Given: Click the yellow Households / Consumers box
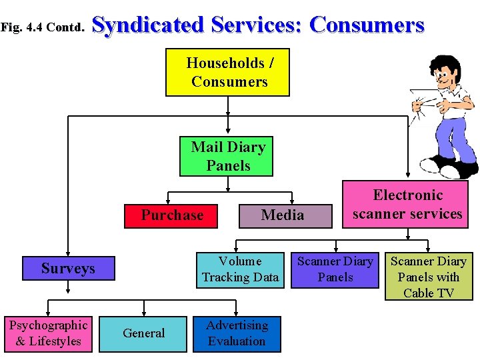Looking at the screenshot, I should tap(227, 72).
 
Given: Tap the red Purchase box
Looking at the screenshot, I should tap(172, 215).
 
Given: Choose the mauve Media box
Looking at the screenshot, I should tap(282, 215).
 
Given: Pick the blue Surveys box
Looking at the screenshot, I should tap(68, 269).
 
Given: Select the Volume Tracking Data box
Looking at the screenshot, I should tap(240, 269).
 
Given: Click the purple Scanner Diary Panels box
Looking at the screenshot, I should tap(335, 269).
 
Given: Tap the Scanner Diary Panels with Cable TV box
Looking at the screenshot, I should tap(428, 277).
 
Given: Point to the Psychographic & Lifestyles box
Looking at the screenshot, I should tap(47, 333).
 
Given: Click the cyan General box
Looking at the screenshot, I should tap(143, 333).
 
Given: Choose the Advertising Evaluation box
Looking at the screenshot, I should tap(237, 333).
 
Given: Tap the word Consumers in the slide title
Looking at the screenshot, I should tap(367, 25).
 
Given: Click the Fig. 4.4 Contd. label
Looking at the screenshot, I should tap(43, 27).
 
